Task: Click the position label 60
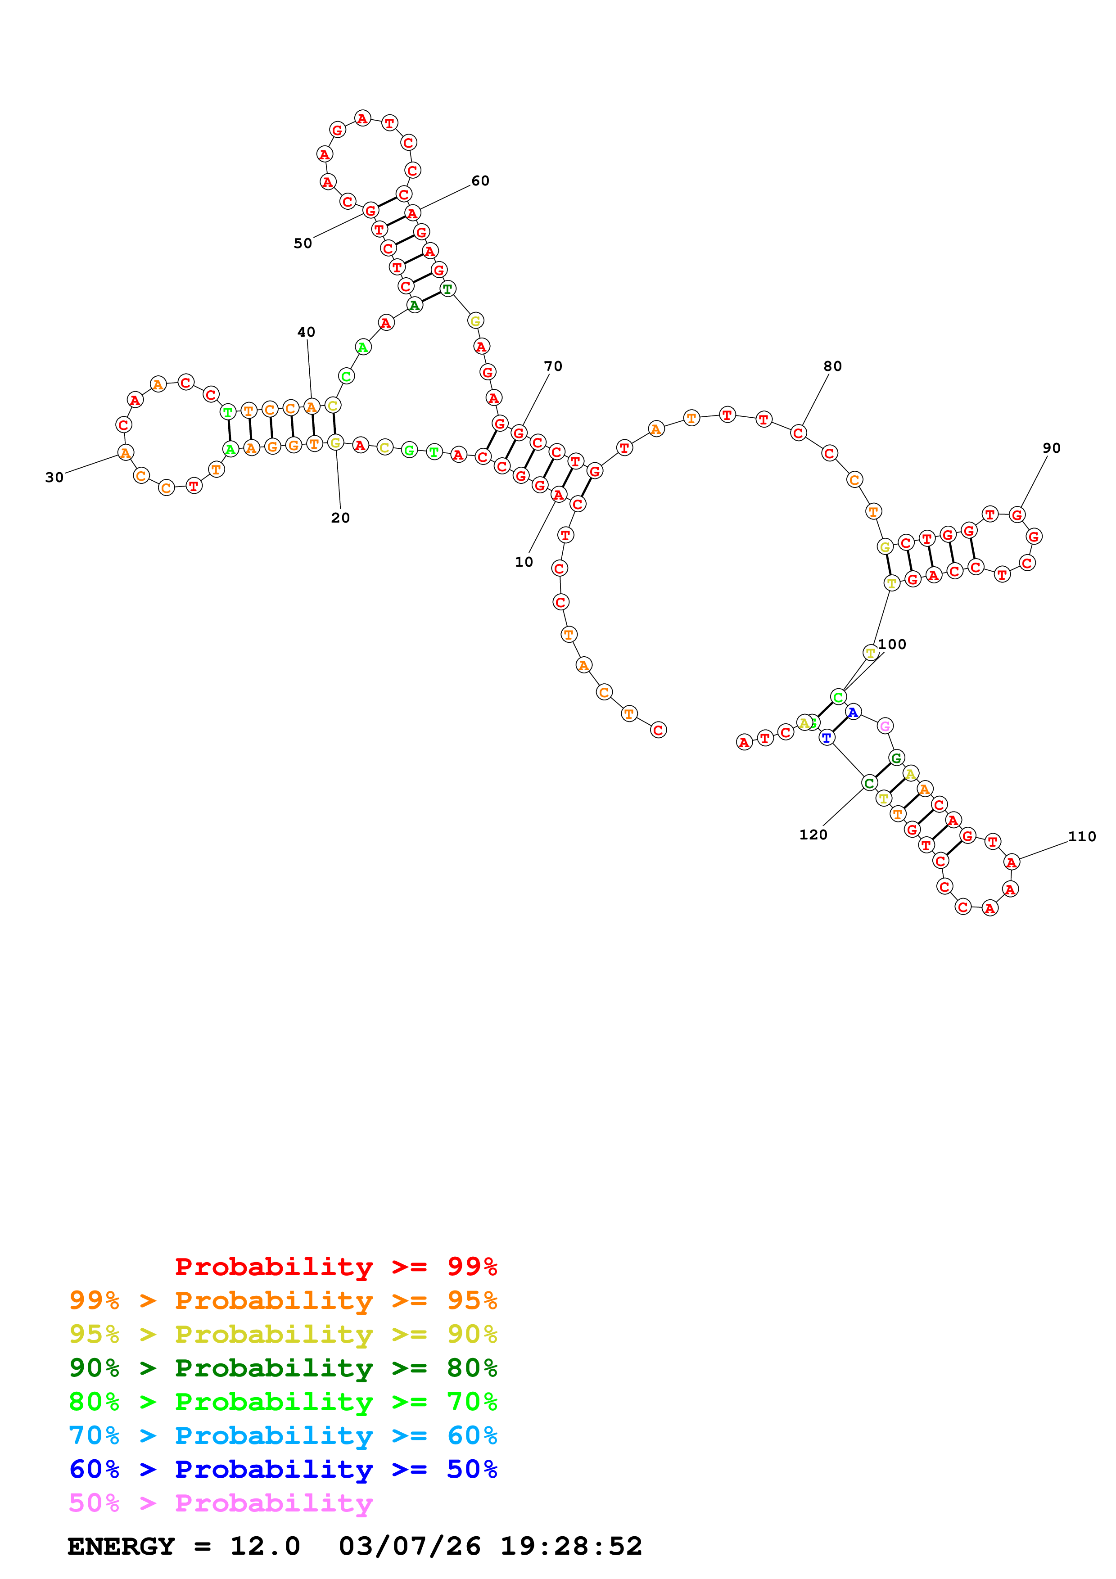coord(480,181)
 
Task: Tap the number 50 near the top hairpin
coord(303,244)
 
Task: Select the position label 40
coord(306,332)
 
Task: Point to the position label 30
coord(54,477)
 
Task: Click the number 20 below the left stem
coord(340,518)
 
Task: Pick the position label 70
coord(553,366)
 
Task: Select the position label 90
coord(1051,448)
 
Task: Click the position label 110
coord(1082,837)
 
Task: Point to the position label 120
coord(813,835)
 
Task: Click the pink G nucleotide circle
coord(885,726)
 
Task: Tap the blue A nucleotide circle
coord(853,713)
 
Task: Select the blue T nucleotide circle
coord(827,738)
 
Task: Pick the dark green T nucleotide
coord(447,289)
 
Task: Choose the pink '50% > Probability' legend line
coord(221,1503)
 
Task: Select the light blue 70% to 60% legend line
coord(283,1436)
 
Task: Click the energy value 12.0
coord(265,1547)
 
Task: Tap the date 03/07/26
coord(409,1547)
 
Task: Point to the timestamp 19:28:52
coord(571,1547)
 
